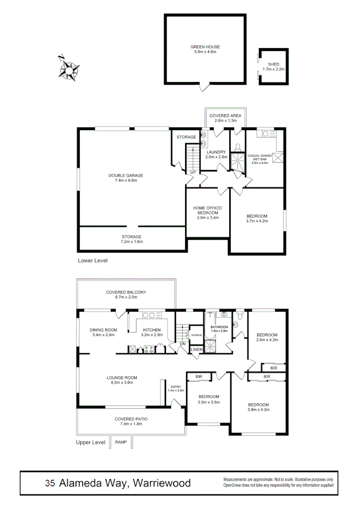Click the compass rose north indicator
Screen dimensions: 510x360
coord(61,58)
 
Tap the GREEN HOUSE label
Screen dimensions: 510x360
coord(205,47)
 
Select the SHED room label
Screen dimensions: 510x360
coord(273,64)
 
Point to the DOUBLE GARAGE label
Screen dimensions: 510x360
coord(126,176)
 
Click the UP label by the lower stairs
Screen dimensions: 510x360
coord(193,172)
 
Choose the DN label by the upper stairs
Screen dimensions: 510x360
coord(183,344)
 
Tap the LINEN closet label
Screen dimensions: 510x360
coord(196,349)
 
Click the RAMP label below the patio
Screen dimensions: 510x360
coord(121,442)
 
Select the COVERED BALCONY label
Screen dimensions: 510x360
coord(126,292)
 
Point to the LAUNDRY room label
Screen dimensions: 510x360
coord(216,152)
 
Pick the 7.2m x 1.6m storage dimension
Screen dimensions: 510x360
coord(131,242)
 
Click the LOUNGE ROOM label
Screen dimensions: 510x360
coord(122,377)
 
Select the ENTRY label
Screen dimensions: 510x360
coord(176,387)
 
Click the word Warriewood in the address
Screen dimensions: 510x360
coord(162,483)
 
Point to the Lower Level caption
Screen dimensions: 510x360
coord(93,260)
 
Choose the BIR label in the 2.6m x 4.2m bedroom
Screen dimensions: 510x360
coord(274,367)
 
